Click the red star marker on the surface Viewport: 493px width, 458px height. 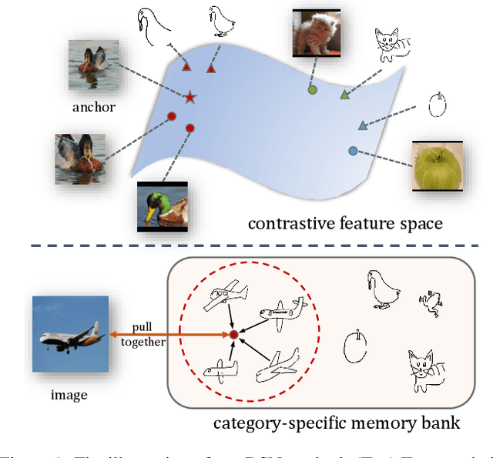(x=189, y=96)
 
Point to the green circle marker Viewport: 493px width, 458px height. (x=312, y=90)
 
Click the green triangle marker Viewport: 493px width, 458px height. (x=345, y=95)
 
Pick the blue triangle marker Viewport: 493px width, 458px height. (x=362, y=125)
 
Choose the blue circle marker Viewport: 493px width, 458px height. (x=353, y=151)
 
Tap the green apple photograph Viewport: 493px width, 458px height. (x=437, y=165)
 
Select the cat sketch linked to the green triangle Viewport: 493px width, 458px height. (x=389, y=47)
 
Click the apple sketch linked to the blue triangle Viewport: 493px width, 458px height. (x=437, y=104)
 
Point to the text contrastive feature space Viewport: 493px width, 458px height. (x=345, y=224)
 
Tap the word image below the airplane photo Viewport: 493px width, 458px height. (x=69, y=395)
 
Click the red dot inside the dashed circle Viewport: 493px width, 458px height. (x=233, y=335)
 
